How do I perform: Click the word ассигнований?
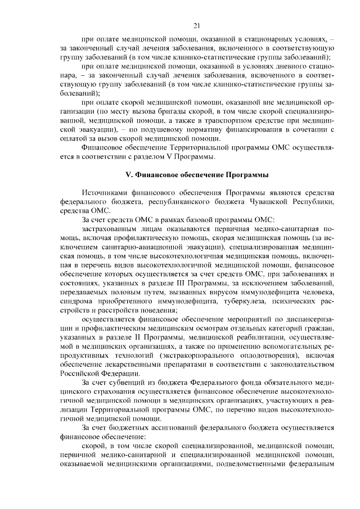pos(169,427)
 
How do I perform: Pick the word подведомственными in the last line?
pos(258,464)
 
